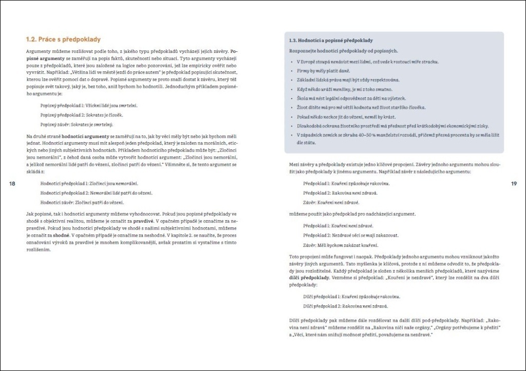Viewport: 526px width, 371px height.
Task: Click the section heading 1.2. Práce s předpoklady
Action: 63,39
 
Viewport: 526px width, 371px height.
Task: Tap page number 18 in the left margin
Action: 13,184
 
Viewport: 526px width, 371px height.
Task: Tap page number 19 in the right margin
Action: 513,184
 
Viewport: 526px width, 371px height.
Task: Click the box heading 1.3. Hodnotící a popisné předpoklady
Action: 331,40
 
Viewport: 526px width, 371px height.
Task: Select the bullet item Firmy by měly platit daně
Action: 324,71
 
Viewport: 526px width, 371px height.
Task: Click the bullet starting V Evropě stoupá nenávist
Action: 368,62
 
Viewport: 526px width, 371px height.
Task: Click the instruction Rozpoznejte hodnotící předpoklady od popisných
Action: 343,51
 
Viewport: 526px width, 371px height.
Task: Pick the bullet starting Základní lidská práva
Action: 348,80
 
